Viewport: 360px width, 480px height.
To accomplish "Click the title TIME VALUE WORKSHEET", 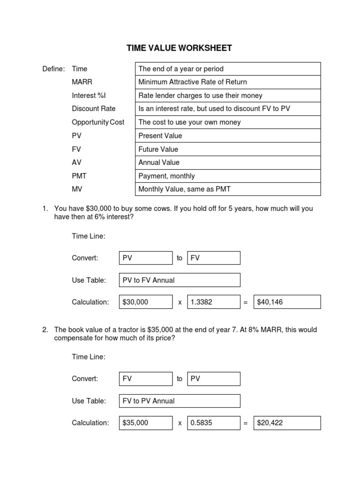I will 180,48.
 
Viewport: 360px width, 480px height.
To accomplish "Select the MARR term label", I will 82,82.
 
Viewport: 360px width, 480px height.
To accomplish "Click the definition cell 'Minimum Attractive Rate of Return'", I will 228,82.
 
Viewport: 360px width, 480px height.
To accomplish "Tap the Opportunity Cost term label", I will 98,122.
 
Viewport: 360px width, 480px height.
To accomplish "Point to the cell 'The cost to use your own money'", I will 228,122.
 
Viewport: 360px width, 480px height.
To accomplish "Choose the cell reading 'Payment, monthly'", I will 228,176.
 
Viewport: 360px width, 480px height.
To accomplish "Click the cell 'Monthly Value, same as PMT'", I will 228,189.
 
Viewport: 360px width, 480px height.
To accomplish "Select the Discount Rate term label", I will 93,109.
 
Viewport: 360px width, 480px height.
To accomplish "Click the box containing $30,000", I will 146,302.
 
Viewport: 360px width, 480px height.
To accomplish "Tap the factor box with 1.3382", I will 213,302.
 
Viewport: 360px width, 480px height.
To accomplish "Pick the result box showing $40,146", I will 287,302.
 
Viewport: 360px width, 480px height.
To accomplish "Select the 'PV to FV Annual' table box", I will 180,280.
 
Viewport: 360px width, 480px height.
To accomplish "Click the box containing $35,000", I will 146,423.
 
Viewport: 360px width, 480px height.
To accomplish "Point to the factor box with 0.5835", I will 213,423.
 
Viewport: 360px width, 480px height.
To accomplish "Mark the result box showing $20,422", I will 287,423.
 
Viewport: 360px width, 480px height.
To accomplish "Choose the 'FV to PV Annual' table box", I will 180,401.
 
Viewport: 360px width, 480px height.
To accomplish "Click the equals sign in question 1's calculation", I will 245,303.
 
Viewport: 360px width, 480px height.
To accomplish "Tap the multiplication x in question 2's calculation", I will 180,423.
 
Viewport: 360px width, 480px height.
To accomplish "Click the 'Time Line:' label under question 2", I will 89,357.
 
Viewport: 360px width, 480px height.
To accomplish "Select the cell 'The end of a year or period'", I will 228,69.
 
